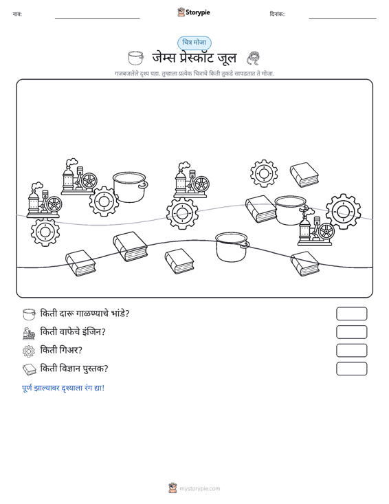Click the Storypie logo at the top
click(194, 12)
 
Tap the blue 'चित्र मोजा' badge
click(194, 43)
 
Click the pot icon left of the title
click(136, 58)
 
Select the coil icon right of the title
click(253, 58)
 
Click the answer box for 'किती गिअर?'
click(351, 351)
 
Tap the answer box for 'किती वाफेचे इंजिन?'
click(351, 332)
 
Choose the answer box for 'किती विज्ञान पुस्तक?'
click(351, 369)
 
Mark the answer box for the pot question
click(351, 314)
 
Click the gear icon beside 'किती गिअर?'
click(29, 351)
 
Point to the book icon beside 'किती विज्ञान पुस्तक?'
click(30, 369)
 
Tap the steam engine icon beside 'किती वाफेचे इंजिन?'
click(29, 333)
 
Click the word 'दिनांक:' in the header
click(277, 14)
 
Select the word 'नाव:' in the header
click(17, 14)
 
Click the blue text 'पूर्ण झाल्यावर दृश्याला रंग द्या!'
click(63, 388)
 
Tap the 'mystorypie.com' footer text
click(200, 489)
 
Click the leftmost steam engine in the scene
click(44, 200)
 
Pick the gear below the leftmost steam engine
click(45, 232)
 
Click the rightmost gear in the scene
click(343, 212)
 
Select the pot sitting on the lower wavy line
click(232, 247)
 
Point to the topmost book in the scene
click(304, 175)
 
